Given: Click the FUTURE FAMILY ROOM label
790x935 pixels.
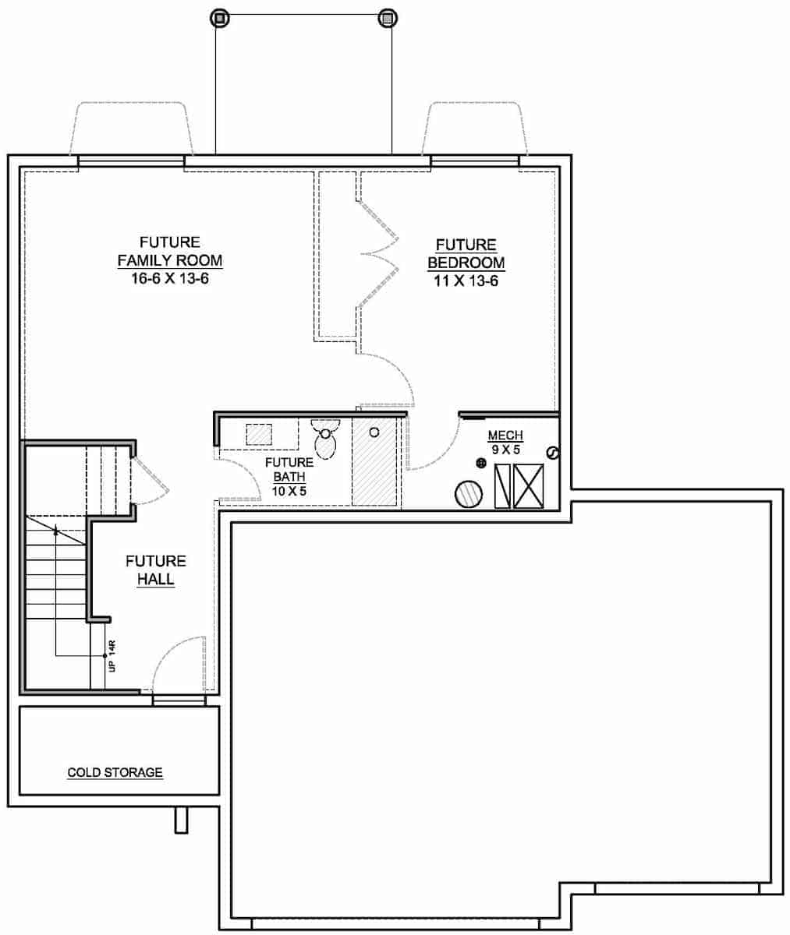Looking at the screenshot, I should point(169,251).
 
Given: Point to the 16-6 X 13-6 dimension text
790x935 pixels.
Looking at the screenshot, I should point(169,278).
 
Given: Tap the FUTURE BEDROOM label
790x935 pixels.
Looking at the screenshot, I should point(466,254).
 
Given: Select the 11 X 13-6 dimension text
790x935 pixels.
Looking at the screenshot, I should point(466,280).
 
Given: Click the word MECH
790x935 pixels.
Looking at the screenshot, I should point(505,436).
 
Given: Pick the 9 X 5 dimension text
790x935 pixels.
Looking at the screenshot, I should point(505,450).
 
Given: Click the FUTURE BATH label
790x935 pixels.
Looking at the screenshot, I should point(289,470).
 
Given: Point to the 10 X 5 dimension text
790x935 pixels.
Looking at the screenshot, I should point(289,491).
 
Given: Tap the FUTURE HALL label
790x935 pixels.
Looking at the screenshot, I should point(156,570).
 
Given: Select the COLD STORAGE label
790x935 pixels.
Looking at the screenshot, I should point(115,773).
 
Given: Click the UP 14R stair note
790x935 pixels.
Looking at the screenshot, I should point(112,656).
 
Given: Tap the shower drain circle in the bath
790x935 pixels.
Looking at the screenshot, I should point(374,432).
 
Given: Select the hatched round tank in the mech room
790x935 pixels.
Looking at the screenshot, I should point(470,494).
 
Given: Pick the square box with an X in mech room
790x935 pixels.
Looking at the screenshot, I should point(528,486).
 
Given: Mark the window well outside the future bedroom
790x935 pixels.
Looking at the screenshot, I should point(475,129).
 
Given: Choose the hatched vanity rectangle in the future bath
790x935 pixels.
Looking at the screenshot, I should point(259,434).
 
